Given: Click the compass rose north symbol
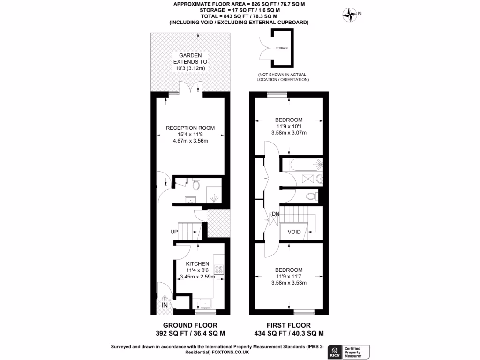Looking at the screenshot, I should [350, 15].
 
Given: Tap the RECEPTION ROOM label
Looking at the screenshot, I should [190, 127].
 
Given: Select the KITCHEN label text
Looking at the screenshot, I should [197, 264].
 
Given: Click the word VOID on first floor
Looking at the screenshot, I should [294, 232].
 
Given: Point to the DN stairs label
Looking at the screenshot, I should [275, 215].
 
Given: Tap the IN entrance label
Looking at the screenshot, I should [165, 305].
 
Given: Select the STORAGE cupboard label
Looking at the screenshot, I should [282, 48].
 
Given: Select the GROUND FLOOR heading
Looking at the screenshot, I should [190, 325].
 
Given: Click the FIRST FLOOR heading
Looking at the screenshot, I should [289, 325].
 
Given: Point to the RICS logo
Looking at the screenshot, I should [335, 351].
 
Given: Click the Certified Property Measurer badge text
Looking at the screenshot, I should [357, 351].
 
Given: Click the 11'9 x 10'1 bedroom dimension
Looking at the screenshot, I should [288, 126].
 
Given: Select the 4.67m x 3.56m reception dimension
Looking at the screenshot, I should [190, 141].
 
